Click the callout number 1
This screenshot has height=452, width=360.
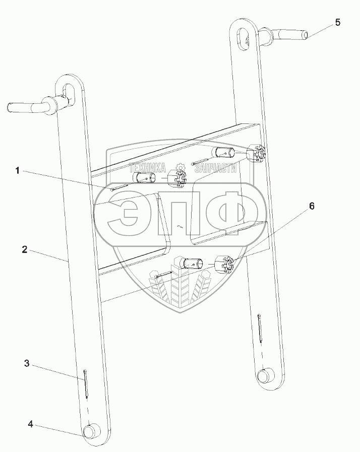(x=17, y=171)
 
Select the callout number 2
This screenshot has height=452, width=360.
(x=25, y=249)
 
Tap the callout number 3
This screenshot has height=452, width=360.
(x=27, y=363)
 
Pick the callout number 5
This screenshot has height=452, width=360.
(x=337, y=22)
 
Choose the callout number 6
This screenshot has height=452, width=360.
(x=312, y=206)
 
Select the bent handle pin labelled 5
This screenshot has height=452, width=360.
(x=283, y=36)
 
